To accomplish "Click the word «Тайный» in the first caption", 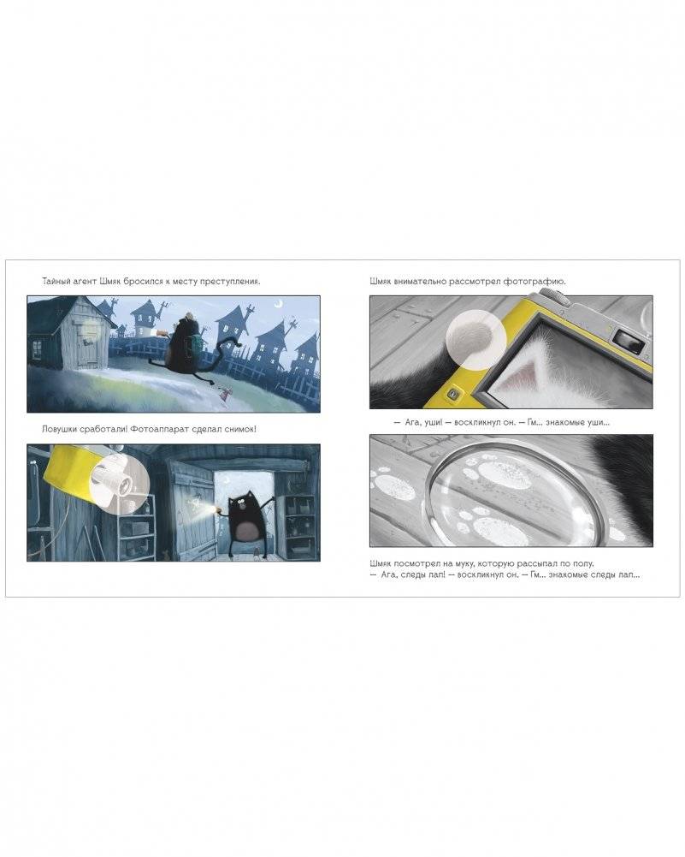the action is point(55,282).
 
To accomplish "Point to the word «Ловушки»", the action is point(60,429).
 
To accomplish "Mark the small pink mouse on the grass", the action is point(222,391).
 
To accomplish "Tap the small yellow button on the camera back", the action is point(452,394).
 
